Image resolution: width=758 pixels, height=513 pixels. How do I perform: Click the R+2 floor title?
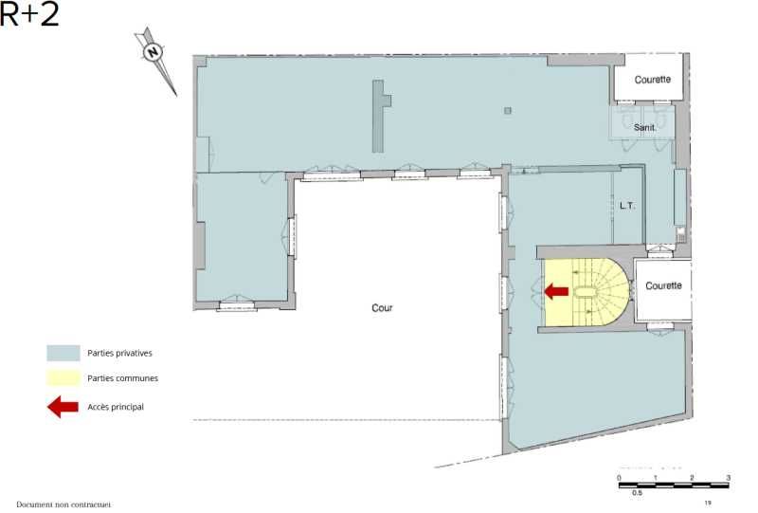(x=29, y=14)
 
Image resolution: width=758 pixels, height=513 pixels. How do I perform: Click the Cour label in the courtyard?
(x=382, y=308)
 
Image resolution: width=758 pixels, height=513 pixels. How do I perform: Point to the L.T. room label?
(x=626, y=205)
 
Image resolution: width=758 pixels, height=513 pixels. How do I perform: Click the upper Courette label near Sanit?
(x=652, y=80)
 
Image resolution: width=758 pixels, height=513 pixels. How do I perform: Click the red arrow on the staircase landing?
(x=556, y=292)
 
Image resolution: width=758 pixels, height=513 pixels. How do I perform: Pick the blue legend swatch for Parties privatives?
(x=63, y=353)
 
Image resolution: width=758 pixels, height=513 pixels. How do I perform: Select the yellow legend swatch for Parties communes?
(x=63, y=378)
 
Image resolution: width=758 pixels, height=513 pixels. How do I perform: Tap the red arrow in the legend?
(x=63, y=407)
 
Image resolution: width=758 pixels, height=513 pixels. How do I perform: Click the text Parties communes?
(x=122, y=378)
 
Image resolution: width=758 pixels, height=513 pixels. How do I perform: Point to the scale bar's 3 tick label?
(x=728, y=477)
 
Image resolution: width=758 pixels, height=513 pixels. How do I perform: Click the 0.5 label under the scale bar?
(x=638, y=493)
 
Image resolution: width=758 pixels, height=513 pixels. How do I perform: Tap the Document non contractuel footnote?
(x=63, y=504)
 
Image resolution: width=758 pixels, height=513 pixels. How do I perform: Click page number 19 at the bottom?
(x=708, y=503)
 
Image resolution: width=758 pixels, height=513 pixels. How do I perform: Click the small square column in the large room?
(x=508, y=112)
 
